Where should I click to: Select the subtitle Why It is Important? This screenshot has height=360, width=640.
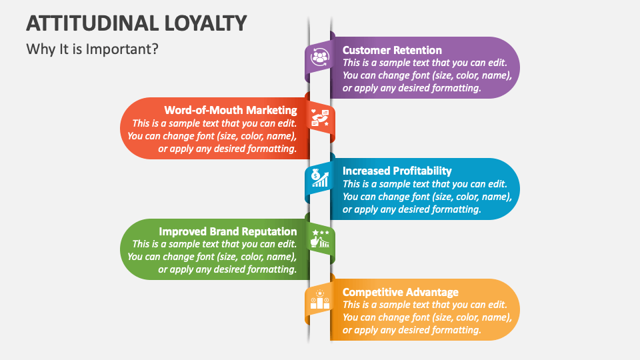tap(92, 49)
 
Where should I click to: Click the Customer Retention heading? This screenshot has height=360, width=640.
tap(392, 50)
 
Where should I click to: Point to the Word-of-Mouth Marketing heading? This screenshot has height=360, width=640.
tap(231, 110)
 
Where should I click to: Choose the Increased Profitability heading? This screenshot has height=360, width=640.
tap(397, 171)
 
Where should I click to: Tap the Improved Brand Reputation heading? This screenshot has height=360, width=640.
tap(227, 231)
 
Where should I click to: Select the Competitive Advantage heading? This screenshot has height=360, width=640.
tap(400, 292)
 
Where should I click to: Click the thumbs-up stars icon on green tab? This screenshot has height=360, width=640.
tap(320, 239)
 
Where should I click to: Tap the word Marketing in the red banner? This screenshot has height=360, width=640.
tap(270, 110)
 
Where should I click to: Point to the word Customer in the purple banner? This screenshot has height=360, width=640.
tap(365, 50)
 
